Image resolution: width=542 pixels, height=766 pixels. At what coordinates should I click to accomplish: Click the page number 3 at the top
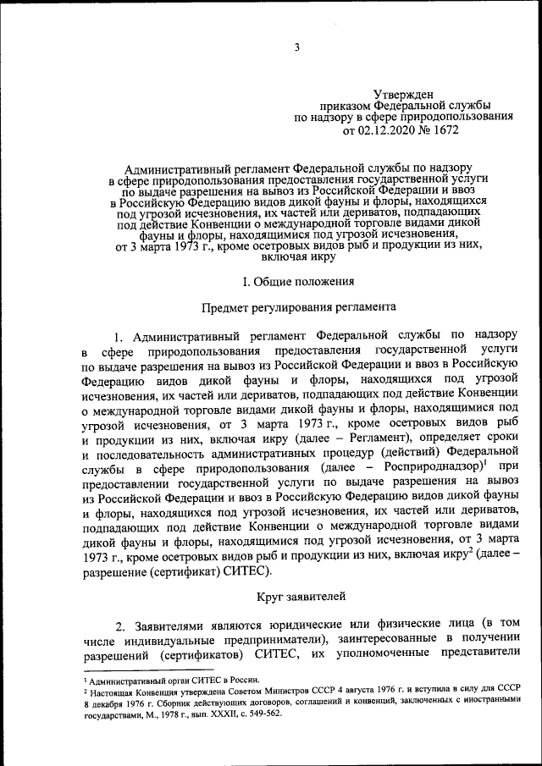pos(297,47)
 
